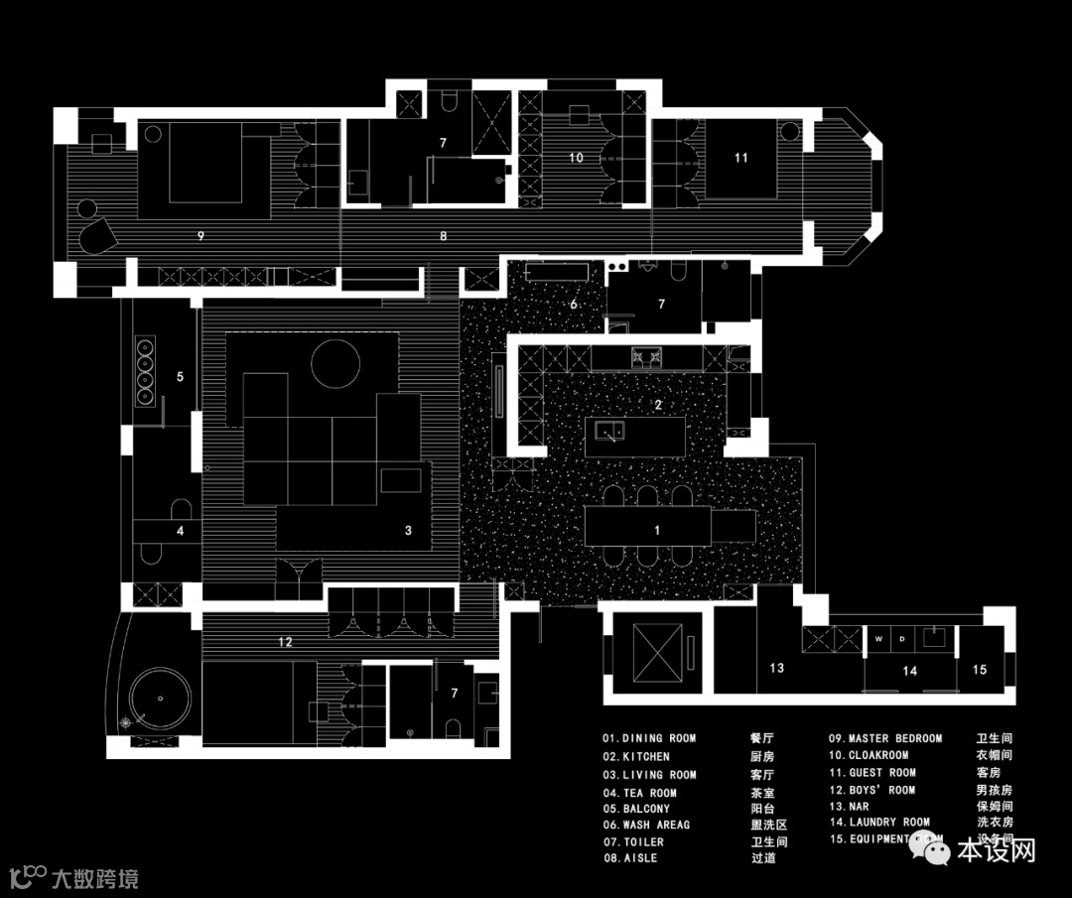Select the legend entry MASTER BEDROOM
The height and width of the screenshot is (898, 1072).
pos(894,738)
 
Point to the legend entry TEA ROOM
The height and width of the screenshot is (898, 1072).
pos(649,793)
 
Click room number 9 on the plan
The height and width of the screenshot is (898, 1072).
pos(201,236)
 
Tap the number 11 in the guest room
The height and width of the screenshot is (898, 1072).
pos(740,158)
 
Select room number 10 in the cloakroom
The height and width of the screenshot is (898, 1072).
pos(576,158)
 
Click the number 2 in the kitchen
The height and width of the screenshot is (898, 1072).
pos(657,405)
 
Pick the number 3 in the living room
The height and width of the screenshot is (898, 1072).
pos(408,531)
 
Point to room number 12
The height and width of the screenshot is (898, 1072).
pos(285,642)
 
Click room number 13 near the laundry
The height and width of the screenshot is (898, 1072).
pos(776,668)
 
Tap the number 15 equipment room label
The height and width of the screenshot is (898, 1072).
pos(980,670)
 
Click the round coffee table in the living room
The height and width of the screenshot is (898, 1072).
pos(335,363)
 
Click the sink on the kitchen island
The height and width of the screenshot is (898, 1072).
pos(607,431)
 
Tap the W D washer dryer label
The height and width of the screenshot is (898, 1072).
pos(890,640)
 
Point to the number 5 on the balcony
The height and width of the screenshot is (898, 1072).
pos(181,377)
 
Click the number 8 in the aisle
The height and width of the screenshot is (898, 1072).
pos(444,236)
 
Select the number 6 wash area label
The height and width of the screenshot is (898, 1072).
pos(574,304)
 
